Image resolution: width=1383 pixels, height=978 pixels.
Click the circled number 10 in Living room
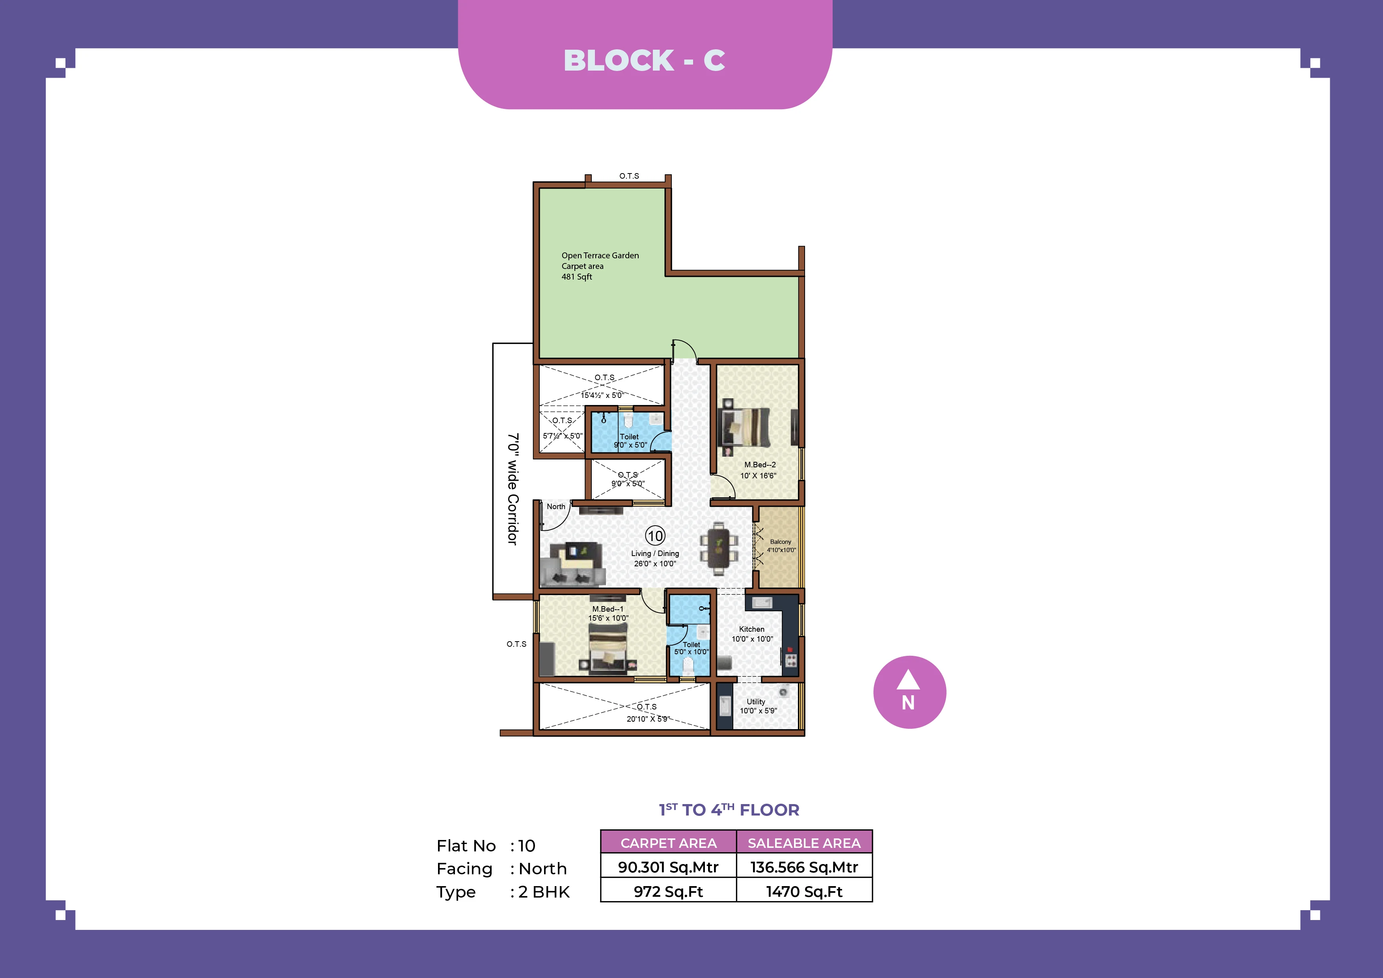click(655, 535)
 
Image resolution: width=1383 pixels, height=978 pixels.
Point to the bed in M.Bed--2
click(746, 427)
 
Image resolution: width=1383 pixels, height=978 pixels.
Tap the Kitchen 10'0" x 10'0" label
click(752, 634)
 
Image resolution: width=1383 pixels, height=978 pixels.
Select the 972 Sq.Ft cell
click(668, 891)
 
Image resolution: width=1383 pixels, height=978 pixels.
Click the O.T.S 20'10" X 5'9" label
click(647, 712)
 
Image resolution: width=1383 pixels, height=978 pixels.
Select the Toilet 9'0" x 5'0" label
click(630, 440)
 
